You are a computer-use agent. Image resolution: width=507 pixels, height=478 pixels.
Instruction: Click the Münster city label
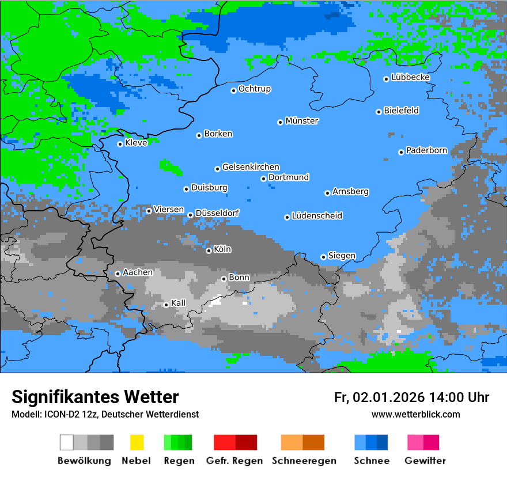click(x=302, y=121)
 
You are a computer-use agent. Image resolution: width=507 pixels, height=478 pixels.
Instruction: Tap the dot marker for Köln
click(x=209, y=251)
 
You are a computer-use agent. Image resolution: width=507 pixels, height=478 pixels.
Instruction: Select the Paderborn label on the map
click(x=426, y=151)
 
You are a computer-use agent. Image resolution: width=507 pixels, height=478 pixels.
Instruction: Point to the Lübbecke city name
click(x=410, y=77)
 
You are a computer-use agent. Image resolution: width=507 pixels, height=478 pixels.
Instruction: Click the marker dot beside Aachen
click(x=118, y=274)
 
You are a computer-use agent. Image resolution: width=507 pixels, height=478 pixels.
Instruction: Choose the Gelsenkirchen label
click(x=251, y=167)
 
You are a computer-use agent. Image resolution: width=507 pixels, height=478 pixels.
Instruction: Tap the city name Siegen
click(x=342, y=256)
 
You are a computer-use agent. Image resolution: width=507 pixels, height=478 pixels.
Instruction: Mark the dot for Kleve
click(x=120, y=144)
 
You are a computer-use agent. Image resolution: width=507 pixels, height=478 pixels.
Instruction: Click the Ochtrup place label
click(x=254, y=89)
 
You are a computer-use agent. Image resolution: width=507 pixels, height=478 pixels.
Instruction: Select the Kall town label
click(x=178, y=303)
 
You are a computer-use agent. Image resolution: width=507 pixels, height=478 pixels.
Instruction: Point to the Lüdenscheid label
click(x=317, y=216)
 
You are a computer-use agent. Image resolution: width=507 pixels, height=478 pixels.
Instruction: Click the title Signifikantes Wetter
click(x=95, y=397)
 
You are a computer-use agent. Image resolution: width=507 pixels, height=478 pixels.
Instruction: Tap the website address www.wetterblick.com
click(x=415, y=414)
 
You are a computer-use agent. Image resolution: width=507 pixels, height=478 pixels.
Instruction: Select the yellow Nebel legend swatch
click(x=137, y=442)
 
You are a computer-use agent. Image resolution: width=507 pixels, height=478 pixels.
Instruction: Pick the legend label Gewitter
click(x=425, y=461)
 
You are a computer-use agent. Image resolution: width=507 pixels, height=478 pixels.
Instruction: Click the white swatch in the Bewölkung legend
click(x=67, y=442)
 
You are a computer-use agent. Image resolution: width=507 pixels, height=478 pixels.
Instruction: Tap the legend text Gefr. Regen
click(x=234, y=461)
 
